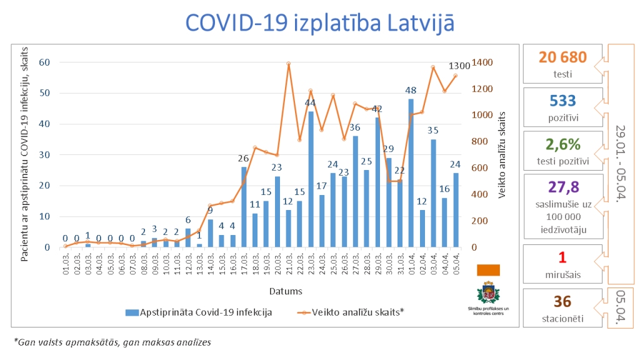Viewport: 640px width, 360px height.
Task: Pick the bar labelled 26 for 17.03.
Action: pos(244,207)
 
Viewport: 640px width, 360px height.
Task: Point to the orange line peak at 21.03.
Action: pos(288,63)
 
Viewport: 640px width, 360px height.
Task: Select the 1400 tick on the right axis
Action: pos(482,62)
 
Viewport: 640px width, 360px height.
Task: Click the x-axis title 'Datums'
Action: pos(286,291)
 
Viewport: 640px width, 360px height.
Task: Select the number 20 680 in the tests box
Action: pos(562,57)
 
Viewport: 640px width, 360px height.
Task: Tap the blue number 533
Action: pos(562,101)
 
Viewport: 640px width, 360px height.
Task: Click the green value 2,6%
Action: pos(562,144)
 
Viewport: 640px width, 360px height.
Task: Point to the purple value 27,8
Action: pos(562,187)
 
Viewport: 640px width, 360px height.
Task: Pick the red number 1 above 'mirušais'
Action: pos(562,257)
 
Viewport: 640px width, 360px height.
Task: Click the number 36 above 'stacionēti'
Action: pos(562,302)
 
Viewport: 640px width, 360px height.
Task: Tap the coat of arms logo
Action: pos(488,292)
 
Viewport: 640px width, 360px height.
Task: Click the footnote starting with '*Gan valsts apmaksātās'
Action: pos(112,342)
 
